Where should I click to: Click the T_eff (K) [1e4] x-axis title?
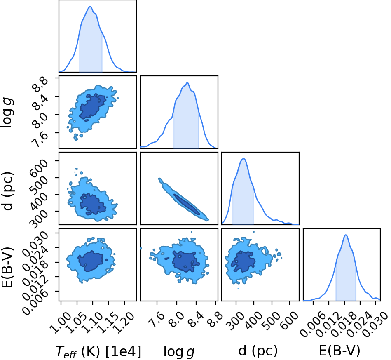click(x=98, y=351)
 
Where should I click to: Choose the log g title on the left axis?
click(x=7, y=113)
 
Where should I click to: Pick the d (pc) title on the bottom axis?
click(x=258, y=351)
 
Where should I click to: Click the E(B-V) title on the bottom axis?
click(x=339, y=351)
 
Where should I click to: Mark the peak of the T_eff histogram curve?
click(x=90, y=7)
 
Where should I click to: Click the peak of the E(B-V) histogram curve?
click(x=346, y=235)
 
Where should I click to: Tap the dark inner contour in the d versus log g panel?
click(x=187, y=204)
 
